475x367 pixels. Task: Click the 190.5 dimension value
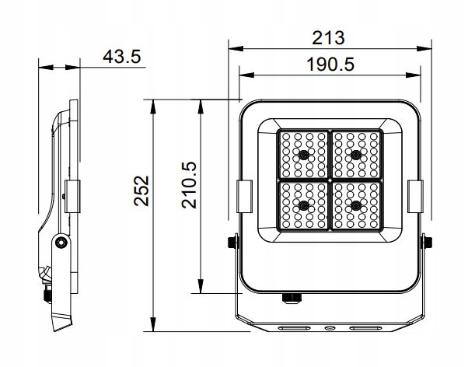(330, 65)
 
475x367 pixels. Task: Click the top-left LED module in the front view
(304, 154)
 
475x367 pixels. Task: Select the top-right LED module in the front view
(358, 154)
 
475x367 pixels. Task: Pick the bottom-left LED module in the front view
(304, 205)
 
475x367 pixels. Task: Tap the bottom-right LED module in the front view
(358, 205)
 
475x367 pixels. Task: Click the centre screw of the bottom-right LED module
(357, 205)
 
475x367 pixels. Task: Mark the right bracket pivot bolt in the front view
(425, 243)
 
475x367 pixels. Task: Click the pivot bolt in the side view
(59, 243)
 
